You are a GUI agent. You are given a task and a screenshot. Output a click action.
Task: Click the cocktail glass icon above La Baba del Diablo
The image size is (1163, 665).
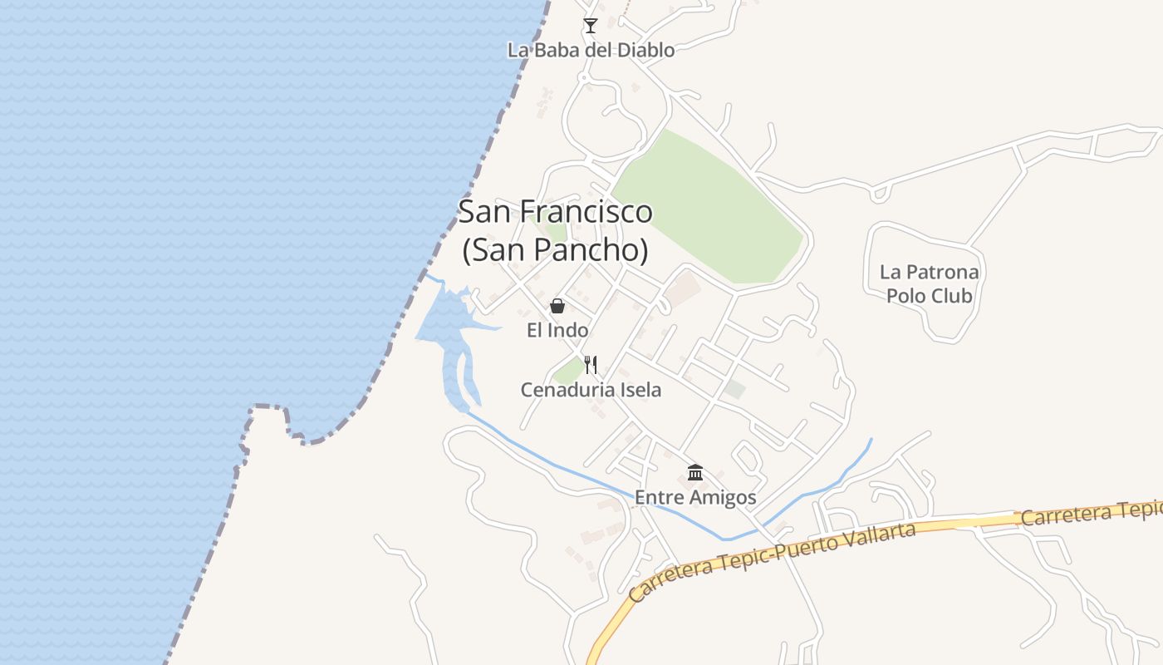tap(590, 26)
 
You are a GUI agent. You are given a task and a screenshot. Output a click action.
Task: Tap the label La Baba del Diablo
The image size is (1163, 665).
tap(591, 50)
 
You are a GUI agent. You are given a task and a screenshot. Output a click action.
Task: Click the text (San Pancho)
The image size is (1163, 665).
tap(555, 249)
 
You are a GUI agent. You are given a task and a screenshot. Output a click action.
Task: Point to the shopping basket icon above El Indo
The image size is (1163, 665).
tap(557, 306)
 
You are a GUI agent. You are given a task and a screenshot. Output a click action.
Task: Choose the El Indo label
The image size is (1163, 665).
tap(557, 330)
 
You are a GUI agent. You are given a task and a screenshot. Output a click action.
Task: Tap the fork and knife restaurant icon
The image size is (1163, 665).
tap(591, 364)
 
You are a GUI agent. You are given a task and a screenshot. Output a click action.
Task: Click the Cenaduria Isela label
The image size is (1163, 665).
tap(591, 389)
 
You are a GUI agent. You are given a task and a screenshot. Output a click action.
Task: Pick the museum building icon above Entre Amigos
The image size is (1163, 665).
tap(695, 473)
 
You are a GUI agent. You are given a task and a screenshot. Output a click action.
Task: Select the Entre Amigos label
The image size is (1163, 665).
tap(695, 497)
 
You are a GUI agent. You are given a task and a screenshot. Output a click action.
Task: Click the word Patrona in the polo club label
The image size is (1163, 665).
tap(940, 272)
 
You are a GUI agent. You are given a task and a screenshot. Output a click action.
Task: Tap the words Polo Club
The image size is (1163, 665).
tap(929, 296)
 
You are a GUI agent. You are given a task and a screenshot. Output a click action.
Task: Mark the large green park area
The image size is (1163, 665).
tap(710, 208)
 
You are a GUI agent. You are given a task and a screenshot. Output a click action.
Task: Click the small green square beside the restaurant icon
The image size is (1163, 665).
tap(569, 372)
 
